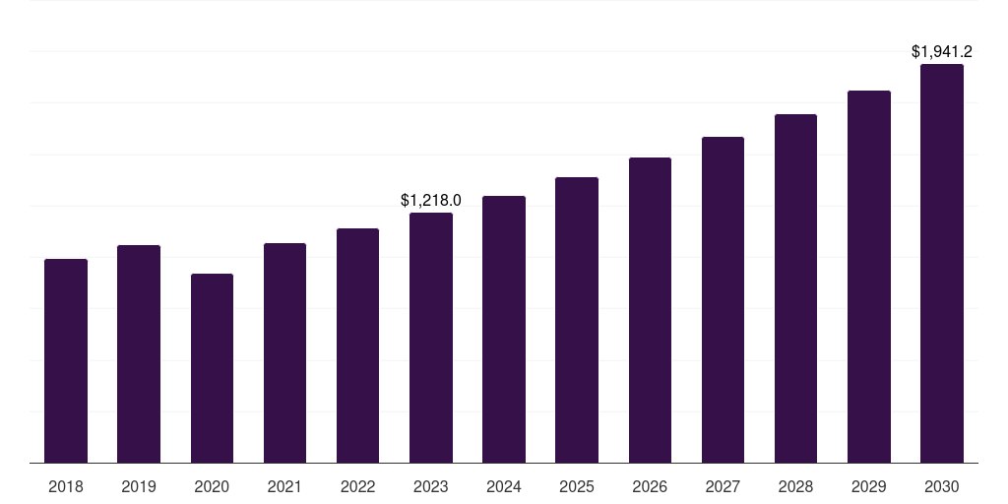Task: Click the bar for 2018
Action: click(x=66, y=360)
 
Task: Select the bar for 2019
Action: click(x=139, y=353)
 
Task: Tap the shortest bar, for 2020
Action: click(x=212, y=368)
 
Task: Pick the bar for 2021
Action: click(x=284, y=352)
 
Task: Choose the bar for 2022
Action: click(x=357, y=346)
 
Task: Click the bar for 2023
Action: click(x=431, y=338)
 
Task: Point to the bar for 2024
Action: click(x=504, y=329)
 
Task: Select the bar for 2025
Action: click(x=577, y=320)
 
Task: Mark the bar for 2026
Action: click(x=650, y=310)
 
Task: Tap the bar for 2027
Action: click(x=723, y=299)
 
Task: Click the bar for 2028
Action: click(x=795, y=288)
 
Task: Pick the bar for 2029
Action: click(x=868, y=277)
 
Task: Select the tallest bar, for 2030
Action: click(x=942, y=263)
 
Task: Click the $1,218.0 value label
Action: click(x=431, y=200)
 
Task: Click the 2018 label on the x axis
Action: click(x=66, y=486)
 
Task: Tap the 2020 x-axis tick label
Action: click(x=212, y=486)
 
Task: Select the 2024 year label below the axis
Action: click(x=504, y=486)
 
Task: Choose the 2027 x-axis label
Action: click(x=723, y=486)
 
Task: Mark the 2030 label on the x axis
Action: click(x=942, y=486)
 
